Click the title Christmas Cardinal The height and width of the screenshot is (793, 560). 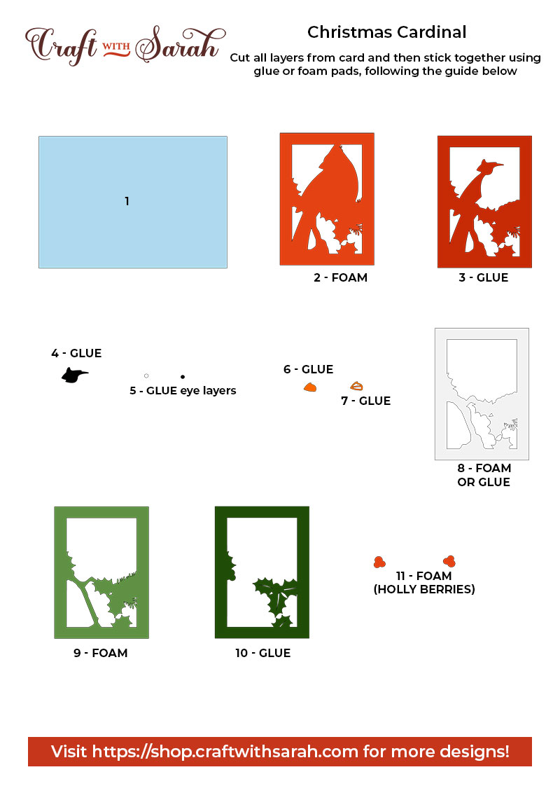pos(386,32)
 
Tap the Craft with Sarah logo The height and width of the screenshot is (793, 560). pos(125,45)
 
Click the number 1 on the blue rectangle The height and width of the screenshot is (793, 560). pos(127,201)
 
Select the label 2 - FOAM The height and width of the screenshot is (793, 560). pos(340,277)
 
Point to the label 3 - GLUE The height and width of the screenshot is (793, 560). pos(483,277)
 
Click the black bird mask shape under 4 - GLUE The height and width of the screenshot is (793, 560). pos(73,375)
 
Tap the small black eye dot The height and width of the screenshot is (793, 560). pos(183,377)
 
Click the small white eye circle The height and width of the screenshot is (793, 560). pos(146,375)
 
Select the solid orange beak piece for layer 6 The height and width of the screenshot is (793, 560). pos(310,387)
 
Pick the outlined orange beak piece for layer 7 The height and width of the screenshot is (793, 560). pos(356,387)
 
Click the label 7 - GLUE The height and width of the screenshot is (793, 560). pos(366,401)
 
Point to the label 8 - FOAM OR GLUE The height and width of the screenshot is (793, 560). pos(484,476)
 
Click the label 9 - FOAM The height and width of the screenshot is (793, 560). pos(101,653)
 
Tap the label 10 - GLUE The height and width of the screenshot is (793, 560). pos(262,653)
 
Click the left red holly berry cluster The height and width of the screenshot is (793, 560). pos(379,562)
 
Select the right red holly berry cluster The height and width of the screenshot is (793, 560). pos(449,561)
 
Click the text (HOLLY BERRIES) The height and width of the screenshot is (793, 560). pos(424,589)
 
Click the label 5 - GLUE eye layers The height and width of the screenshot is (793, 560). pos(183,391)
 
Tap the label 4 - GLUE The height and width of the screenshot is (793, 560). pos(76,353)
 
